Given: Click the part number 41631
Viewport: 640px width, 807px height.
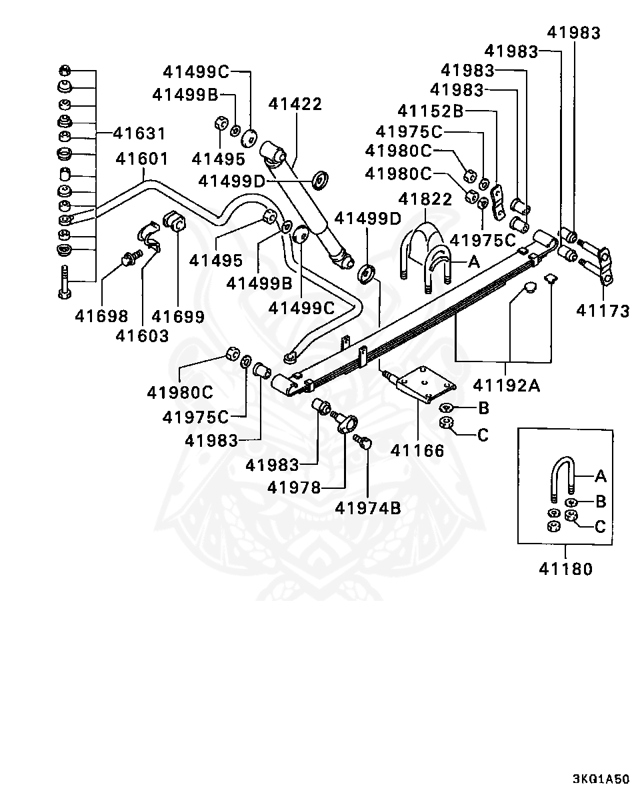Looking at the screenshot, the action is click(x=139, y=133).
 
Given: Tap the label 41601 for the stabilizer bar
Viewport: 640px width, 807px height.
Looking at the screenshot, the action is click(x=142, y=159).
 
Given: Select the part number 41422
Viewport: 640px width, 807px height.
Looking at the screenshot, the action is click(x=295, y=104).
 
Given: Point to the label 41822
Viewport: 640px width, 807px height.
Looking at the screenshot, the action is click(x=425, y=199).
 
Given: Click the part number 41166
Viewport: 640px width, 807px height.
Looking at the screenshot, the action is click(x=417, y=451).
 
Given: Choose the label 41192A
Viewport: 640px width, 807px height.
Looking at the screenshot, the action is click(x=507, y=385).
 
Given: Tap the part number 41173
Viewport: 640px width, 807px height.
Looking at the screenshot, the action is click(x=603, y=311).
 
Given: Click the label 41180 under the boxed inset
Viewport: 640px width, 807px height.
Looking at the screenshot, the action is click(x=566, y=570).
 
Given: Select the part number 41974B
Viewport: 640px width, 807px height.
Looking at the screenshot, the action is click(x=368, y=508).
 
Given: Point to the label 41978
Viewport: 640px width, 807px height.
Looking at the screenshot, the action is click(x=294, y=488).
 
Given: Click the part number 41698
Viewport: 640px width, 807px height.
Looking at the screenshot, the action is click(x=101, y=317).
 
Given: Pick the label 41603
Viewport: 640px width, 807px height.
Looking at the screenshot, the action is click(x=143, y=336).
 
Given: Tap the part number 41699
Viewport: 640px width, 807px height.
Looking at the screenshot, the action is click(x=178, y=317).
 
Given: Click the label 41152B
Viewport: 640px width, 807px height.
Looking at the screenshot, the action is click(x=431, y=111).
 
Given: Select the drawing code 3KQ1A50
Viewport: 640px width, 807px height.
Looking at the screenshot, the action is click(x=601, y=779).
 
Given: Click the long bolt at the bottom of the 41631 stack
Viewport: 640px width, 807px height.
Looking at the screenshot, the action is click(x=65, y=281).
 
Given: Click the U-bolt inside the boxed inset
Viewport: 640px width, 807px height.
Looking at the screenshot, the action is click(x=563, y=479).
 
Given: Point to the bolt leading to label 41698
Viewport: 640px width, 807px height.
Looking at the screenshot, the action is click(x=131, y=257).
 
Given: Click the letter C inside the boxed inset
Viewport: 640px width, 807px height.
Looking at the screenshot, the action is click(x=600, y=527).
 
